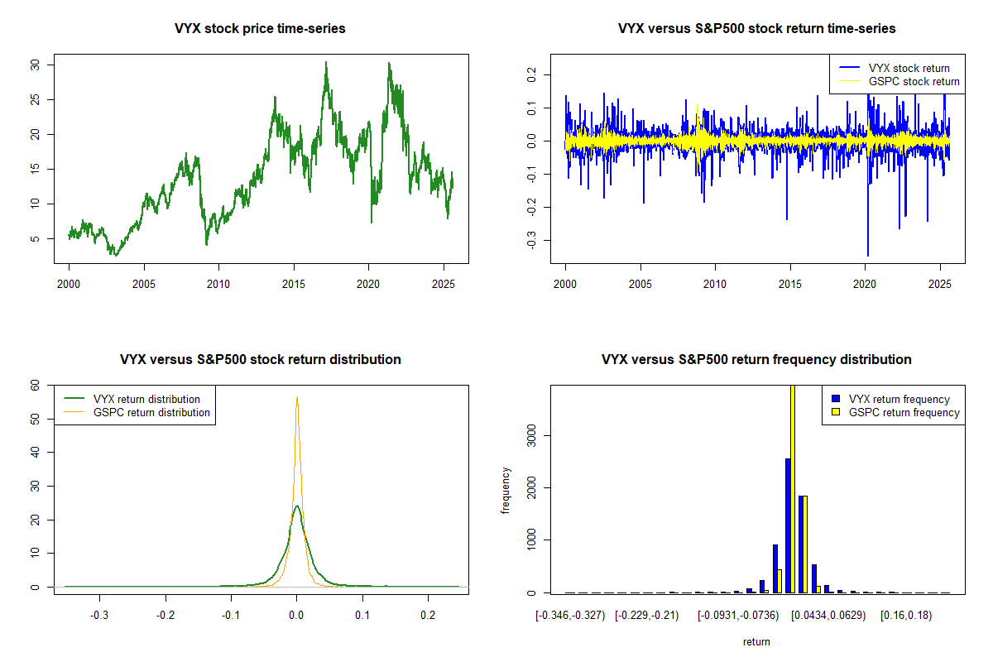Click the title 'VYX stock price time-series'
[x=260, y=29]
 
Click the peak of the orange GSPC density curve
[x=296, y=398]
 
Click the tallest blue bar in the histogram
[x=788, y=525]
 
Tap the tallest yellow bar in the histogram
[x=793, y=488]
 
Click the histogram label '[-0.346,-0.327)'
[x=570, y=616]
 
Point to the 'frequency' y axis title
[x=506, y=491]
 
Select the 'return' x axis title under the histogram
[x=756, y=641]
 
